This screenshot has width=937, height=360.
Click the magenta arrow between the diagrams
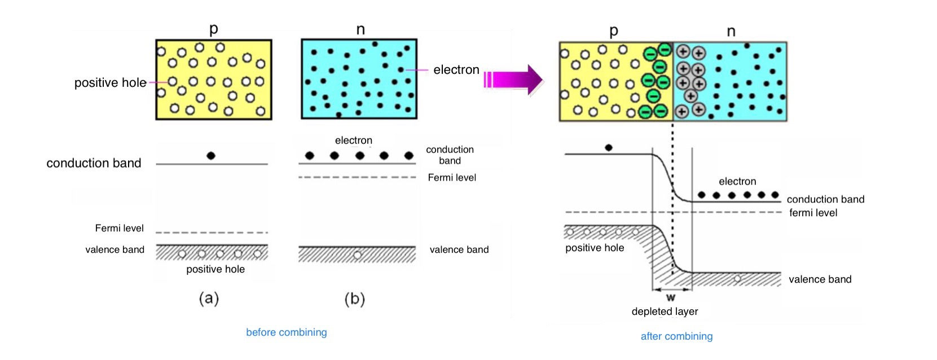tap(514, 80)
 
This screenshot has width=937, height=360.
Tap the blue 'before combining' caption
tap(287, 332)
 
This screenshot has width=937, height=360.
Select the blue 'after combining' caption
tap(677, 336)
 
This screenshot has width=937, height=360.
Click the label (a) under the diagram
tap(209, 299)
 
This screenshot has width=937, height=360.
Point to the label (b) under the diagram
tap(355, 299)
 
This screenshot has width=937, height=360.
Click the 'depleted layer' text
tap(665, 311)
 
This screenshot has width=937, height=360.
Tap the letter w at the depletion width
tap(671, 297)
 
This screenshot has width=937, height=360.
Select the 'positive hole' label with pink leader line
tap(111, 83)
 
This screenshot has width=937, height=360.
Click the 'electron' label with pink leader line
tap(456, 69)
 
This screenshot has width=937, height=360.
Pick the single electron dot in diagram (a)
tap(211, 156)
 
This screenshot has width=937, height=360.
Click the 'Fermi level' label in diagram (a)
tap(119, 228)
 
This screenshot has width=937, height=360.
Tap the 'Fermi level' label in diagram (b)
tap(452, 178)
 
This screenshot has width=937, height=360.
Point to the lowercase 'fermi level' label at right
tap(813, 213)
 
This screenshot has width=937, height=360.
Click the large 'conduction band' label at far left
tap(94, 163)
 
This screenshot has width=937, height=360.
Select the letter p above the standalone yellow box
tap(214, 29)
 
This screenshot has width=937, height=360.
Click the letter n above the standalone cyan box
tap(360, 29)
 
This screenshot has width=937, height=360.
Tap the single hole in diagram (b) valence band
tap(357, 255)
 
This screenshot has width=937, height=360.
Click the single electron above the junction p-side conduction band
tap(609, 147)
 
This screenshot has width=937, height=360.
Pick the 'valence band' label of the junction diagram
tap(820, 279)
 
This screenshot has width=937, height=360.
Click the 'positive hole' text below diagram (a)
tap(215, 269)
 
